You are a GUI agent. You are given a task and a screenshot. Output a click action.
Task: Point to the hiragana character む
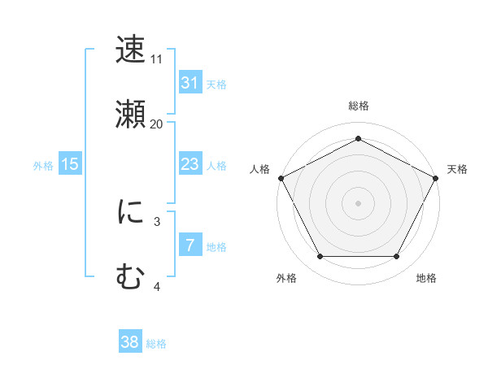[x=130, y=277]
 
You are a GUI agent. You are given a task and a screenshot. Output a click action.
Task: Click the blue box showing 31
[x=190, y=82]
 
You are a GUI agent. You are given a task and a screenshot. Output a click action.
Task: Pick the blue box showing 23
[x=190, y=164]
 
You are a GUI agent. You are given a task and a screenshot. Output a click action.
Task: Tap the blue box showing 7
[x=190, y=245]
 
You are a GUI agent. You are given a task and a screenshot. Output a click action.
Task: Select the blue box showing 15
[x=70, y=164]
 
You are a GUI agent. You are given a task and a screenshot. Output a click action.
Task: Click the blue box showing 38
[x=130, y=342]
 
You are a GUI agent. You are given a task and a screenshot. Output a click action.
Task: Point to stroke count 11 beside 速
[x=157, y=59]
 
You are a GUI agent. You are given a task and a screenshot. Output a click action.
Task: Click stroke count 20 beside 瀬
[x=157, y=124]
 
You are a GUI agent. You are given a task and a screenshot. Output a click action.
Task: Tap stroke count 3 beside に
[x=157, y=221]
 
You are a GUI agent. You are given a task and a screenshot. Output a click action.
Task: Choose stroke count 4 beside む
[x=157, y=286]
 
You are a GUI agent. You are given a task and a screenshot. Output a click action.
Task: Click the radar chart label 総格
[x=358, y=106]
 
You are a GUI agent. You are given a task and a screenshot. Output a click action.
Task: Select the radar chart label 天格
[x=457, y=169]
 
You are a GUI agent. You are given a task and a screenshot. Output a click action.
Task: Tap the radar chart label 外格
[x=286, y=279]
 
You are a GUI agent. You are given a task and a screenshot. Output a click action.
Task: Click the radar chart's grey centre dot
[x=358, y=202]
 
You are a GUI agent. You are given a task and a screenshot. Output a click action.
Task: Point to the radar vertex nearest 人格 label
[x=281, y=177]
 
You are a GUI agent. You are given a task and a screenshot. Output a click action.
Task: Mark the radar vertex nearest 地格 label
[x=396, y=256]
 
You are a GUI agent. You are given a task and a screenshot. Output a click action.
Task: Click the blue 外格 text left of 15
[x=43, y=165]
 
